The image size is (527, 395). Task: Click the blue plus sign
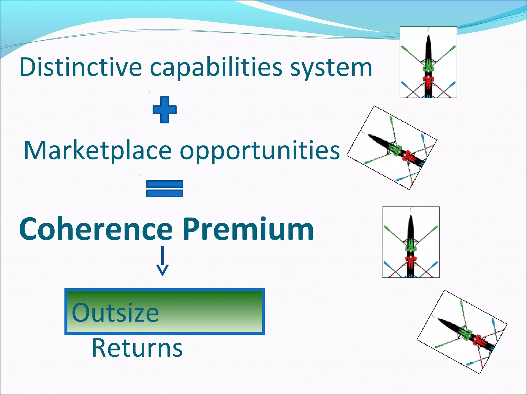[164, 110]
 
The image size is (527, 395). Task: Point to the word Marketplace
[98, 151]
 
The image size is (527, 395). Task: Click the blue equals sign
[164, 188]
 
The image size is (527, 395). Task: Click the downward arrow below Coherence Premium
[162, 261]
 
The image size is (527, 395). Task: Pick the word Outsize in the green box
[115, 313]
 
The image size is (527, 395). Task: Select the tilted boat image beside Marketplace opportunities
[392, 148]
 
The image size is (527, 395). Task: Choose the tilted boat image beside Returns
[462, 332]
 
